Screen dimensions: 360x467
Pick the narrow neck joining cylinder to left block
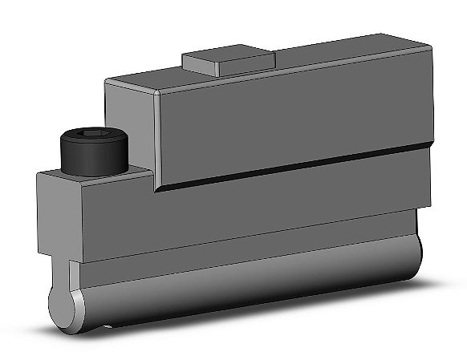coord(73,273)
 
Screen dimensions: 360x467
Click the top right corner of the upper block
coord(431,47)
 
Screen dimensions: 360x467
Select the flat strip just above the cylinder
coord(241,249)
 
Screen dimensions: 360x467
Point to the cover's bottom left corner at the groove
coord(156,190)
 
